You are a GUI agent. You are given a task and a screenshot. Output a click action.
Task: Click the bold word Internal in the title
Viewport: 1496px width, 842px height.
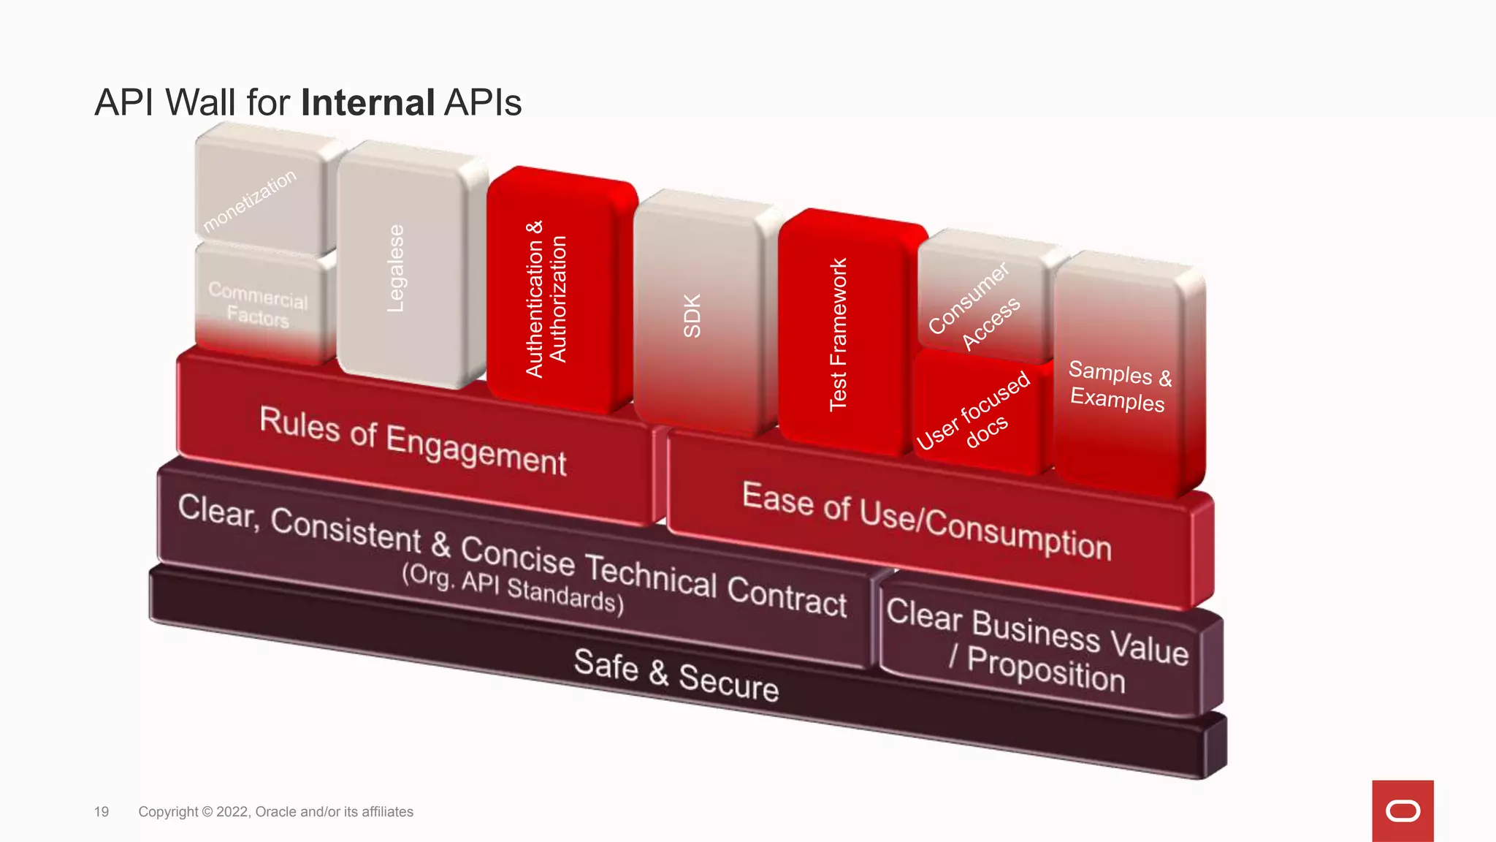point(368,102)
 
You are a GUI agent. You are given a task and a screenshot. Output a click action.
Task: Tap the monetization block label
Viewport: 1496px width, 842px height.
point(250,200)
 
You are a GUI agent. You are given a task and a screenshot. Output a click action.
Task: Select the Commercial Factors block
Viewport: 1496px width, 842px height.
point(258,303)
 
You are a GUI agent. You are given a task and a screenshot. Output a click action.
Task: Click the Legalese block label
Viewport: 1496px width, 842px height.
point(395,268)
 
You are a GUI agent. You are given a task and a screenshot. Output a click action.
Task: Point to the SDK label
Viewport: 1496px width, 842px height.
point(692,316)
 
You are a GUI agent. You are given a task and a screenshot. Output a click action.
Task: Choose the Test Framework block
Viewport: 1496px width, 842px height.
point(838,335)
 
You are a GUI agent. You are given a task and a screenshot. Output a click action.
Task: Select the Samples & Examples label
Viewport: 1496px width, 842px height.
point(1118,386)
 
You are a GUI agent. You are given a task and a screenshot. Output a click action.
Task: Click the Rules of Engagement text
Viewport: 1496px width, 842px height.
point(413,441)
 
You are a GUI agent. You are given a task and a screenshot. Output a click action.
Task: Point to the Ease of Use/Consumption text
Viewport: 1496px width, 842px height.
point(926,520)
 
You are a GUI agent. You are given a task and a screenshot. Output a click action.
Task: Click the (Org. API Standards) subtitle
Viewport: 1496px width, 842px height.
point(513,588)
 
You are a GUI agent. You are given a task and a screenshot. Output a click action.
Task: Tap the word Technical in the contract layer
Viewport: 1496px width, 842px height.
point(651,575)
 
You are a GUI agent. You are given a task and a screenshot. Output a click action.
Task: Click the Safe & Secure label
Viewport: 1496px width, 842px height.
point(676,675)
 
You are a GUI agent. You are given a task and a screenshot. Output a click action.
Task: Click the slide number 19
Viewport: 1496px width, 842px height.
point(102,812)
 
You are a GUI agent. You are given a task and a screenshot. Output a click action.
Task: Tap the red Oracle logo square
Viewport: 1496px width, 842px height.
point(1402,811)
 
